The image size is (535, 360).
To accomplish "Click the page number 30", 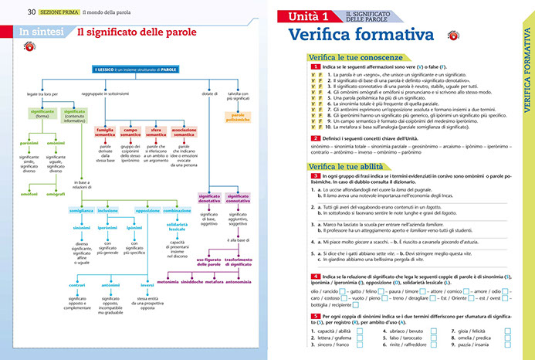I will [x=32, y=12].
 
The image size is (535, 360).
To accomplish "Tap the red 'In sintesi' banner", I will [x=41, y=32].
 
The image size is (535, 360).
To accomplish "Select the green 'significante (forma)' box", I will [x=42, y=114].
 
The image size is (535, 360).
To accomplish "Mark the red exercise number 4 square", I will [x=315, y=276].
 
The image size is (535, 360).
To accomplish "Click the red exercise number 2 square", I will [x=315, y=137].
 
